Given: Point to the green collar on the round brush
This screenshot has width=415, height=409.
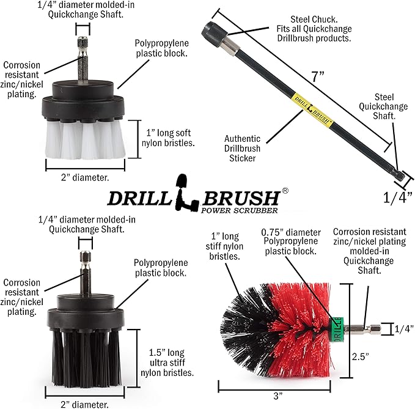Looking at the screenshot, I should tap(336, 328).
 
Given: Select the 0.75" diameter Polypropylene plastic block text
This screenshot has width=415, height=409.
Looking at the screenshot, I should tap(290, 241).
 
